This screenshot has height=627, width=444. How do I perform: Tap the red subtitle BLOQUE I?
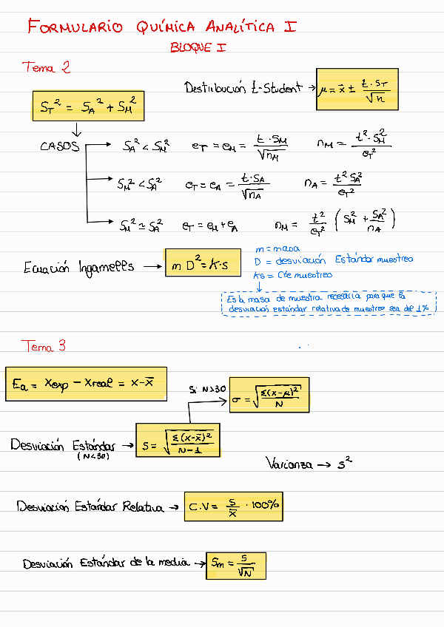click(x=198, y=47)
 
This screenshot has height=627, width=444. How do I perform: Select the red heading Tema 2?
click(x=47, y=68)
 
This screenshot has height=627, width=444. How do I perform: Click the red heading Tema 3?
click(x=44, y=346)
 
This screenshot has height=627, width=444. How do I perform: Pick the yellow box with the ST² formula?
click(x=88, y=106)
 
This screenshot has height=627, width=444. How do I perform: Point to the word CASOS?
click(x=60, y=146)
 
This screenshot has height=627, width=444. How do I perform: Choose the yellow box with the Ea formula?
click(x=86, y=383)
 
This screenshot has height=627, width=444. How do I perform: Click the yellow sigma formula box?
click(x=269, y=395)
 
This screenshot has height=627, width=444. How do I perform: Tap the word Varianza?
click(x=288, y=464)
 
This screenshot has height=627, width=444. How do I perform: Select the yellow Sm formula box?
click(x=237, y=566)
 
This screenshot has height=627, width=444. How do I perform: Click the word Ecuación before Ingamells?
click(x=46, y=268)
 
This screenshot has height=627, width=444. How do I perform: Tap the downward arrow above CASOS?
click(x=76, y=130)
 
